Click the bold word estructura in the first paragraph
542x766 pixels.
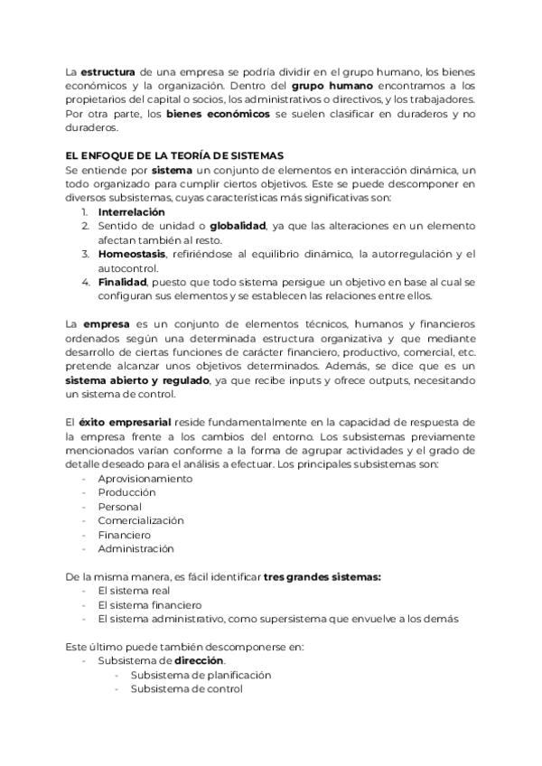pyautogui.click(x=109, y=71)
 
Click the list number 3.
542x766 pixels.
pyautogui.click(x=85, y=254)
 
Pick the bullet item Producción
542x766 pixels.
pyautogui.click(x=126, y=492)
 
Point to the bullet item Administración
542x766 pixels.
pyautogui.click(x=135, y=548)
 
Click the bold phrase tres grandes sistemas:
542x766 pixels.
pyautogui.click(x=322, y=576)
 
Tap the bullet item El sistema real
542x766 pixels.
pyautogui.click(x=133, y=591)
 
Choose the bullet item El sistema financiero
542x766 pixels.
pyautogui.click(x=148, y=604)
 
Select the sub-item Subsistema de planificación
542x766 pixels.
pyautogui.click(x=201, y=675)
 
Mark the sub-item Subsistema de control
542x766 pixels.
pyautogui.click(x=186, y=689)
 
